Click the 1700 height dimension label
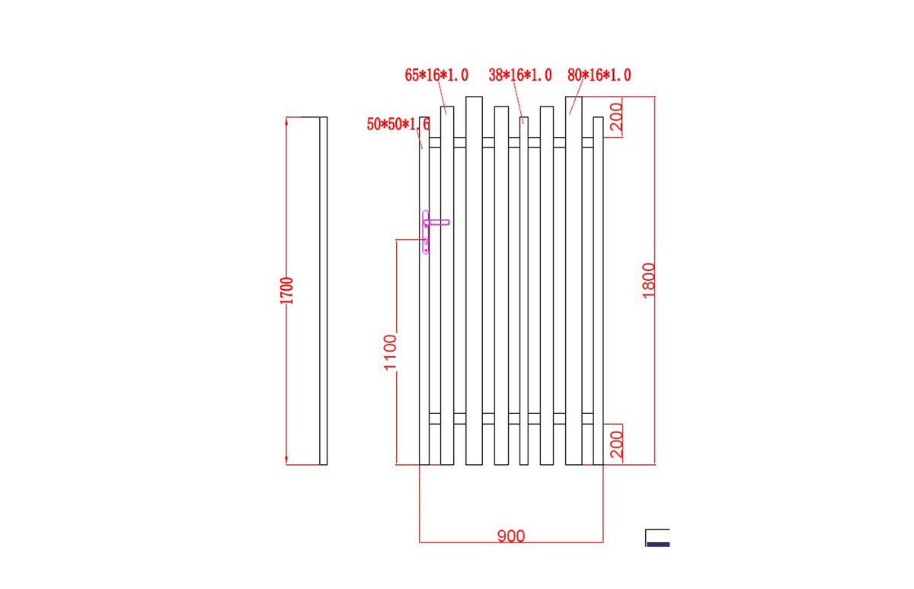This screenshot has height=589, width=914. click(287, 291)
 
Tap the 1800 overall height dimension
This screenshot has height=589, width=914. click(648, 281)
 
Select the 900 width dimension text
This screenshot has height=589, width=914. click(511, 536)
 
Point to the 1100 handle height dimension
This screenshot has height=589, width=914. click(390, 352)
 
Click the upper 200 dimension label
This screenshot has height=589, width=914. click(616, 116)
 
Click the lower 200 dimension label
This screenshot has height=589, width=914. click(616, 444)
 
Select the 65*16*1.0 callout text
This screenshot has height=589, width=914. click(436, 75)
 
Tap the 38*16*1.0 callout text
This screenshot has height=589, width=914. click(520, 75)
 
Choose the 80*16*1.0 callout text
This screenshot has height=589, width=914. click(599, 75)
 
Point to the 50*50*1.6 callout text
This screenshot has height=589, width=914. click(398, 124)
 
